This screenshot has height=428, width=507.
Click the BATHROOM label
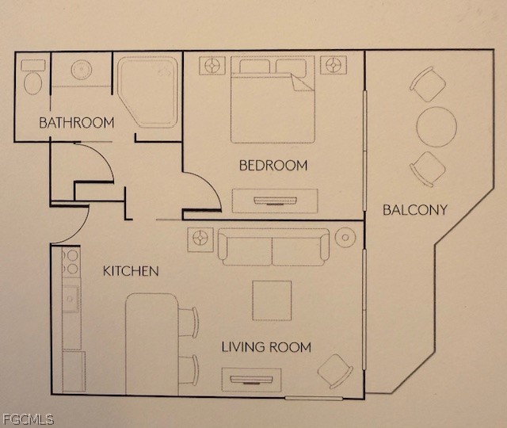click(x=77, y=123)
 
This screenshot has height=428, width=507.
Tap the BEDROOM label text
click(x=273, y=166)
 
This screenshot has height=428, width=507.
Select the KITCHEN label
click(x=131, y=271)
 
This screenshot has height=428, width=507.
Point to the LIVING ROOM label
click(x=266, y=347)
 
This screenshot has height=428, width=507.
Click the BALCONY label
click(x=415, y=210)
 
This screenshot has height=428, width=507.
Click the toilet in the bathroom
click(x=33, y=78)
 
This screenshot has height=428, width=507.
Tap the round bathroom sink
click(x=82, y=70)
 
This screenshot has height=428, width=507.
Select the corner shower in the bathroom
click(x=148, y=92)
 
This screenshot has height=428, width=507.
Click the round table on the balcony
click(x=436, y=127)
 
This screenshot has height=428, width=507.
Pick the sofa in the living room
click(x=273, y=247)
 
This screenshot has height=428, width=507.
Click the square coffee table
click(x=272, y=300)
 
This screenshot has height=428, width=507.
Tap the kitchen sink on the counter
click(x=71, y=299)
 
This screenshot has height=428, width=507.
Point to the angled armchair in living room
click(x=335, y=372)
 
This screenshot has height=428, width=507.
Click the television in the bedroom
click(x=275, y=201)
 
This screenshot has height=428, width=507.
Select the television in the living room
click(x=251, y=380)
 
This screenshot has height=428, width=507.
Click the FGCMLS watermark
click(x=28, y=419)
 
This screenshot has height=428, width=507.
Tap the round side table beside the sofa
click(x=345, y=238)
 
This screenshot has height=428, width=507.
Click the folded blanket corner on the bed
click(x=302, y=82)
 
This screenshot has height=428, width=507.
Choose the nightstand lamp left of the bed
click(x=212, y=66)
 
